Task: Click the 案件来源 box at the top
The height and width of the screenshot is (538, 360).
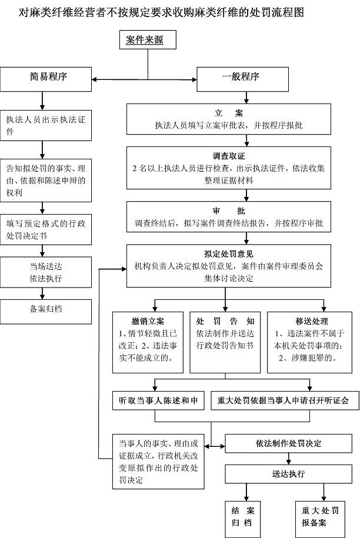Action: coord(144,40)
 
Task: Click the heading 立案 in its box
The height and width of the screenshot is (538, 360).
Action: coord(229,112)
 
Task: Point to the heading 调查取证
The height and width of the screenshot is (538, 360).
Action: coord(229,156)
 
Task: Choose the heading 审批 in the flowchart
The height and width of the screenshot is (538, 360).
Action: coord(229,210)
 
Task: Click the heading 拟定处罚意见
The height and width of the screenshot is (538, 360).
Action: coord(229,254)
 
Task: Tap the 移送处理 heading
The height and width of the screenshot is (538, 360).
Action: coord(311,321)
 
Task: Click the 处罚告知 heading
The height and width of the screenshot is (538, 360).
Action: coord(225,321)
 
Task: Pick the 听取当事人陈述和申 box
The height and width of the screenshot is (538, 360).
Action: coord(158,401)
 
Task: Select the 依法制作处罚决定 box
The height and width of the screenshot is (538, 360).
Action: coord(289,443)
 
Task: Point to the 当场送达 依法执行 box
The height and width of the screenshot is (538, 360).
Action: coord(46,272)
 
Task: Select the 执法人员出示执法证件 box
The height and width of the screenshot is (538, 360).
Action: coord(46,125)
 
